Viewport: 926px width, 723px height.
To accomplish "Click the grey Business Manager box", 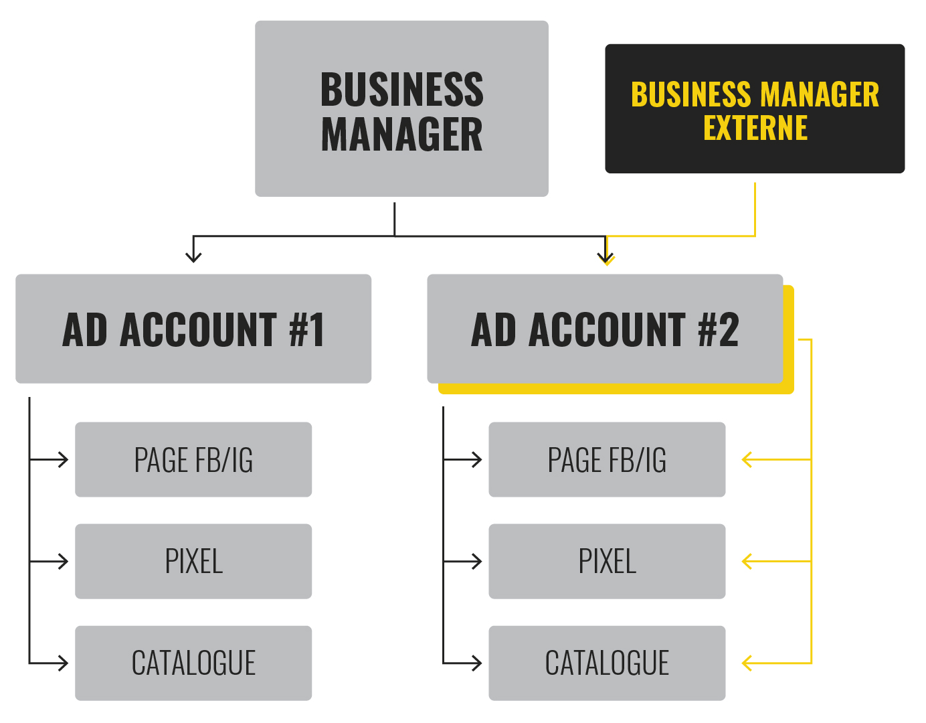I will point(401,108).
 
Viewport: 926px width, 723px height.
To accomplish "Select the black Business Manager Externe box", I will point(755,108).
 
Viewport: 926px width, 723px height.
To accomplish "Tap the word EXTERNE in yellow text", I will point(755,128).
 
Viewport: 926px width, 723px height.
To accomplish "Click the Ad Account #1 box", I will point(193,329).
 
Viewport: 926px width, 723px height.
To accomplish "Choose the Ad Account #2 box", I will point(605,329).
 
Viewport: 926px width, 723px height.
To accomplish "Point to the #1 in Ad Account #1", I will point(307,329).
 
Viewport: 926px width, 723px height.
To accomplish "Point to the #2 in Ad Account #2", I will point(719,329).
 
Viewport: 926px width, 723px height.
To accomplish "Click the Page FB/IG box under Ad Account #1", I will point(193,460).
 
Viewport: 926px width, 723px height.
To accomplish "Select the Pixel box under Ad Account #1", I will point(193,561).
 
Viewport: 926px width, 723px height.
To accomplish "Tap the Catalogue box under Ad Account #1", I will point(193,663).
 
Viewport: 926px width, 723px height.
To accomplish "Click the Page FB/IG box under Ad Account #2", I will point(607,460).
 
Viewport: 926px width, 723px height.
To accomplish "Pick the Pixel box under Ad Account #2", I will point(607,561).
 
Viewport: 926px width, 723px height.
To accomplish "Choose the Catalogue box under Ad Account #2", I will point(607,663).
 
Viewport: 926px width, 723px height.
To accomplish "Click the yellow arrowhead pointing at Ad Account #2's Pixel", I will point(747,561).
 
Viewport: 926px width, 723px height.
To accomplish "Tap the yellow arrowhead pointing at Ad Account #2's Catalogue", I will point(747,663).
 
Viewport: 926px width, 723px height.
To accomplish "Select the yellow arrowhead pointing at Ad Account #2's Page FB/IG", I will point(747,460).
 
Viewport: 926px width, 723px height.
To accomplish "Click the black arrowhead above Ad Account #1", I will point(193,257).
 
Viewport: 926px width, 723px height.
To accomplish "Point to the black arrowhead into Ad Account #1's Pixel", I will point(64,561).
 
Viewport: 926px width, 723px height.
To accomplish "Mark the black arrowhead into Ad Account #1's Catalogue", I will point(64,663).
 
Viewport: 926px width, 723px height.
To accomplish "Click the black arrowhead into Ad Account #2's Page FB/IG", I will point(478,460).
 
